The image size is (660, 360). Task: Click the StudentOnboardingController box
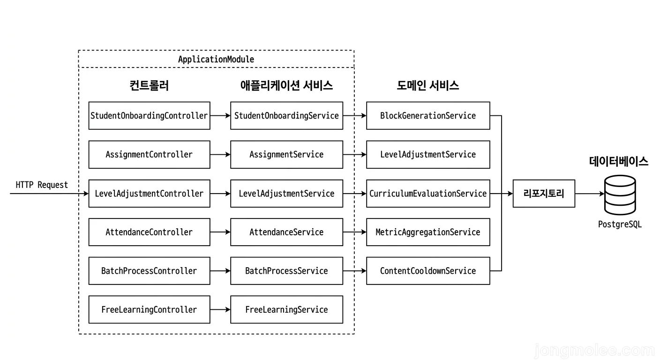click(x=149, y=115)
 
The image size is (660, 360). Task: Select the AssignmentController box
click(x=149, y=154)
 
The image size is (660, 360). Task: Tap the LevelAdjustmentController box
click(x=149, y=193)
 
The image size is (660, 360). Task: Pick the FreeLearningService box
click(x=286, y=309)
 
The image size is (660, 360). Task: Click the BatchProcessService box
click(x=286, y=270)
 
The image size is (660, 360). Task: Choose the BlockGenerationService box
click(x=428, y=115)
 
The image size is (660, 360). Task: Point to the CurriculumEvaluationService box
click(x=428, y=193)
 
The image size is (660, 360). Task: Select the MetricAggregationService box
click(x=428, y=232)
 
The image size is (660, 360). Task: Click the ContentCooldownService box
click(x=428, y=270)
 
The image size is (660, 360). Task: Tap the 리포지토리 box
click(x=544, y=193)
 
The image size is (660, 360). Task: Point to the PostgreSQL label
click(x=620, y=225)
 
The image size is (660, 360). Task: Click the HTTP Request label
click(x=42, y=185)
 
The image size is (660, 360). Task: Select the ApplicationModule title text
click(x=216, y=60)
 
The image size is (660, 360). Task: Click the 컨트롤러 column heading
click(x=149, y=85)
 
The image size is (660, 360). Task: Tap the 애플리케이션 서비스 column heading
click(x=286, y=85)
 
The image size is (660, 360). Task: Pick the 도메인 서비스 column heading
click(x=428, y=85)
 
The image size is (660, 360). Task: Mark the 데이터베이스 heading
click(x=619, y=162)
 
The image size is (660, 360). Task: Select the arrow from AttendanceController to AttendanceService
click(x=220, y=232)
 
